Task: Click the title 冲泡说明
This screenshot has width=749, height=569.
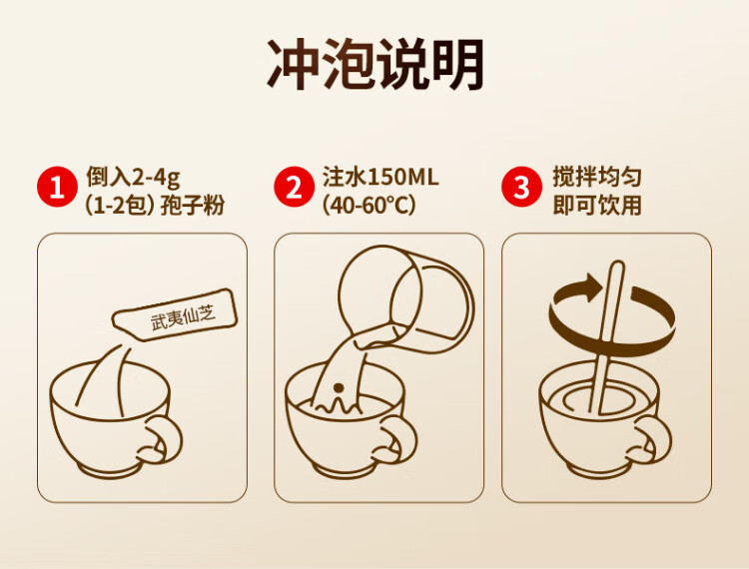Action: pyautogui.click(x=375, y=65)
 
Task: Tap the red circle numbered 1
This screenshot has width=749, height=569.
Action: pyautogui.click(x=57, y=187)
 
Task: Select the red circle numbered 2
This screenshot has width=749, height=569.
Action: pyautogui.click(x=295, y=187)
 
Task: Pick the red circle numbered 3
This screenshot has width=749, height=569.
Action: pyautogui.click(x=521, y=187)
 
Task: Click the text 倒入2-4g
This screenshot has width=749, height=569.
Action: pyautogui.click(x=133, y=177)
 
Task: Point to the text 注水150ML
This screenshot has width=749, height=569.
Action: pyautogui.click(x=380, y=177)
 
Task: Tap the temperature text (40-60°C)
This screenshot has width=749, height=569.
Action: pyautogui.click(x=370, y=206)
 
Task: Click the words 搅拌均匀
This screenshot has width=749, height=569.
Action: pyautogui.click(x=597, y=177)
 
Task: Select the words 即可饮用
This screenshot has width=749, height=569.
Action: pyautogui.click(x=597, y=206)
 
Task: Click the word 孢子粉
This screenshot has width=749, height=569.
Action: pyautogui.click(x=193, y=206)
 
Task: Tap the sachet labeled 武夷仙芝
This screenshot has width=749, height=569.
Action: pyautogui.click(x=175, y=315)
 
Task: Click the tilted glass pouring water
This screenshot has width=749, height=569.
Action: pyautogui.click(x=406, y=299)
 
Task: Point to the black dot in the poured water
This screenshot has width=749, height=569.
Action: pyautogui.click(x=339, y=387)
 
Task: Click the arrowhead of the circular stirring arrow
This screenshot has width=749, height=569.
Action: pyautogui.click(x=592, y=286)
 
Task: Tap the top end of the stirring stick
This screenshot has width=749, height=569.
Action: pyautogui.click(x=617, y=264)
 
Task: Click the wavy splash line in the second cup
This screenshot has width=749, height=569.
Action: pyautogui.click(x=338, y=406)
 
